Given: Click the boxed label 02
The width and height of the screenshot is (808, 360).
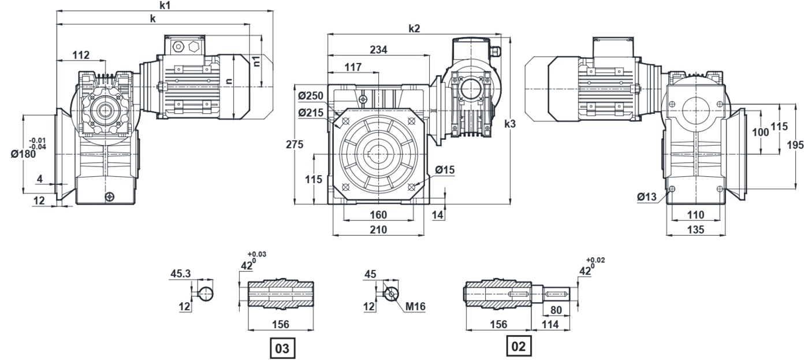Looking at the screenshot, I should click(517, 346).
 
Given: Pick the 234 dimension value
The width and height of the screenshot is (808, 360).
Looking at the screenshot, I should click(379, 50).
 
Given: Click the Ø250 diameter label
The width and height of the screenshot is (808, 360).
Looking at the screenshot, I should click(311, 95).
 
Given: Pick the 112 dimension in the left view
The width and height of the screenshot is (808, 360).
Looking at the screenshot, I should click(81, 55).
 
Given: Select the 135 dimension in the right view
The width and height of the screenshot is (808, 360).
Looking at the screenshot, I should click(697, 230).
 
